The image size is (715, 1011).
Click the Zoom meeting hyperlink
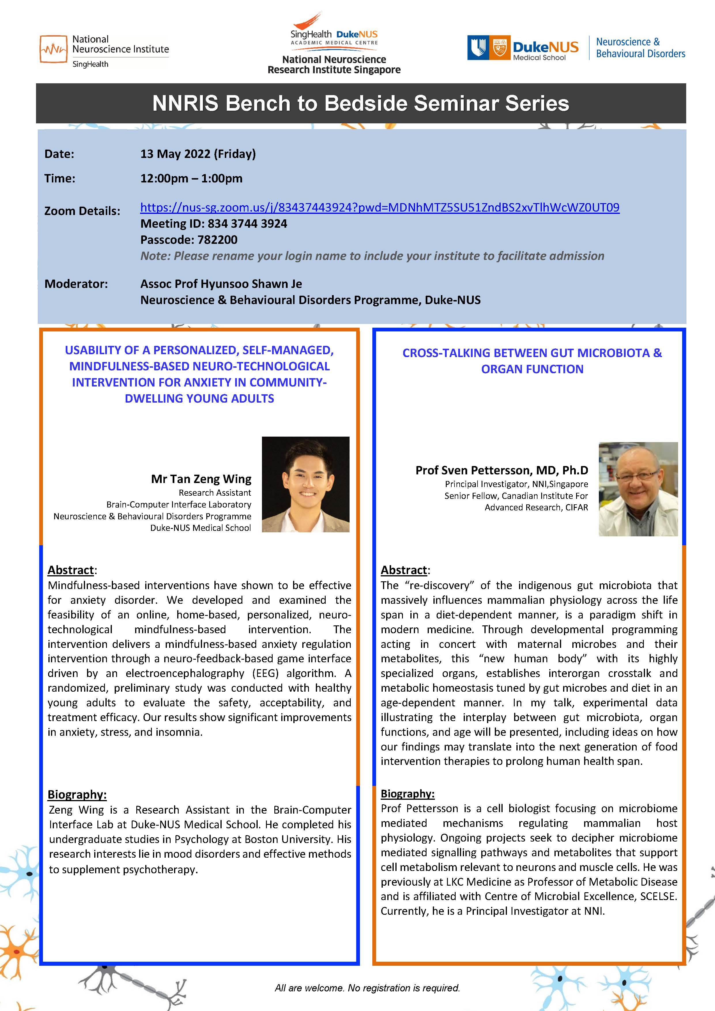(x=380, y=208)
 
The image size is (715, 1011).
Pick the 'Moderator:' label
(x=76, y=284)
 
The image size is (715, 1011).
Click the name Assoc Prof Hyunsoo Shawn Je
(x=221, y=284)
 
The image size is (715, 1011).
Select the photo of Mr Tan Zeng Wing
(x=305, y=484)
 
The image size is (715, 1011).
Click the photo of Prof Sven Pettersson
(x=638, y=489)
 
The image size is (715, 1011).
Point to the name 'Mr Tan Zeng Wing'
(x=201, y=479)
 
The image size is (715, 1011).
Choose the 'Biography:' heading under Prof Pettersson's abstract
(x=407, y=793)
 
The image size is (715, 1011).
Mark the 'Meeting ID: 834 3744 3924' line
(x=214, y=224)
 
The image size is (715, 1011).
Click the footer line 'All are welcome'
(x=367, y=988)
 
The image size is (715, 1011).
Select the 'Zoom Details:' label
(x=82, y=211)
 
